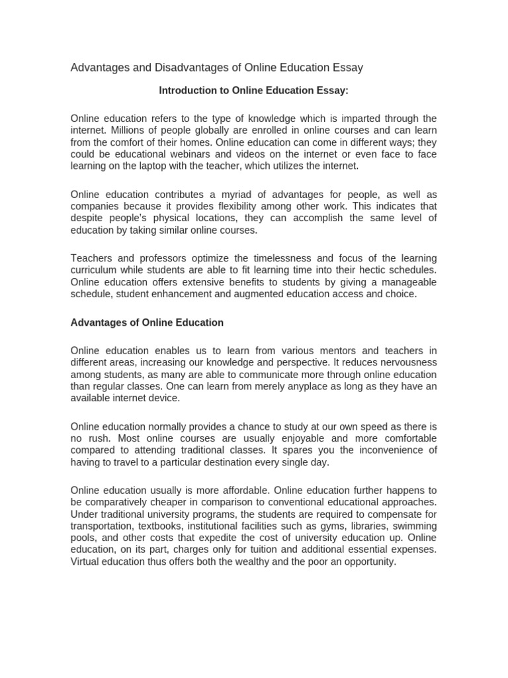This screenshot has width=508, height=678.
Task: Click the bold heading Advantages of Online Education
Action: [147, 322]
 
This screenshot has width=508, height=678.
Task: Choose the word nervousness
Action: [404, 362]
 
